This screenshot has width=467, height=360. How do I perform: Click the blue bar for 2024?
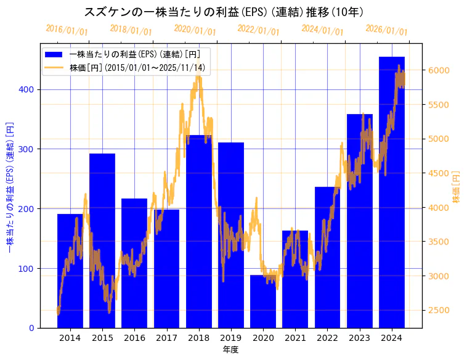pos(392,192)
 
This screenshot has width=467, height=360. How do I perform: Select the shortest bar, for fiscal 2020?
pos(263,301)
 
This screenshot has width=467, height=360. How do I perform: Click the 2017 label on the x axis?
pos(166,338)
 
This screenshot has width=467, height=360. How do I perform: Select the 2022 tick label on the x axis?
pos(327,338)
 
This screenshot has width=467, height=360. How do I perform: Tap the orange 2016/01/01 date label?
pos(67,30)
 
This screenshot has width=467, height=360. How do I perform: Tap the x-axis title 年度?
pos(230,350)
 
